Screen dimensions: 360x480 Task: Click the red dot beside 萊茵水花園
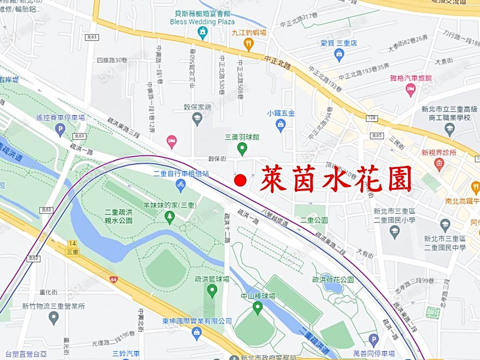[241, 181]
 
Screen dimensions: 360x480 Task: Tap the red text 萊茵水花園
[336, 179]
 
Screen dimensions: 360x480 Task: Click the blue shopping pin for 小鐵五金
[280, 124]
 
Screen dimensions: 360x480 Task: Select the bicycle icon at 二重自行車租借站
[181, 185]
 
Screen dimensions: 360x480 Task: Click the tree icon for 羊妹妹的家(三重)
[170, 217]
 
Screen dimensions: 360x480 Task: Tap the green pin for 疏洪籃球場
[212, 291]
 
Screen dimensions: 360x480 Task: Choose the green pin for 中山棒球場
[258, 307]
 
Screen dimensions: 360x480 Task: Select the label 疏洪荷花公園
[333, 279]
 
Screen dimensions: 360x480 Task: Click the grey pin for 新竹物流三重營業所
[53, 318]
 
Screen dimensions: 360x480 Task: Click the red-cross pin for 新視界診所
[439, 164]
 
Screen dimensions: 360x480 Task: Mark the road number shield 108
[372, 117]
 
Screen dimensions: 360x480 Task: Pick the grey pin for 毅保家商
[197, 118]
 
